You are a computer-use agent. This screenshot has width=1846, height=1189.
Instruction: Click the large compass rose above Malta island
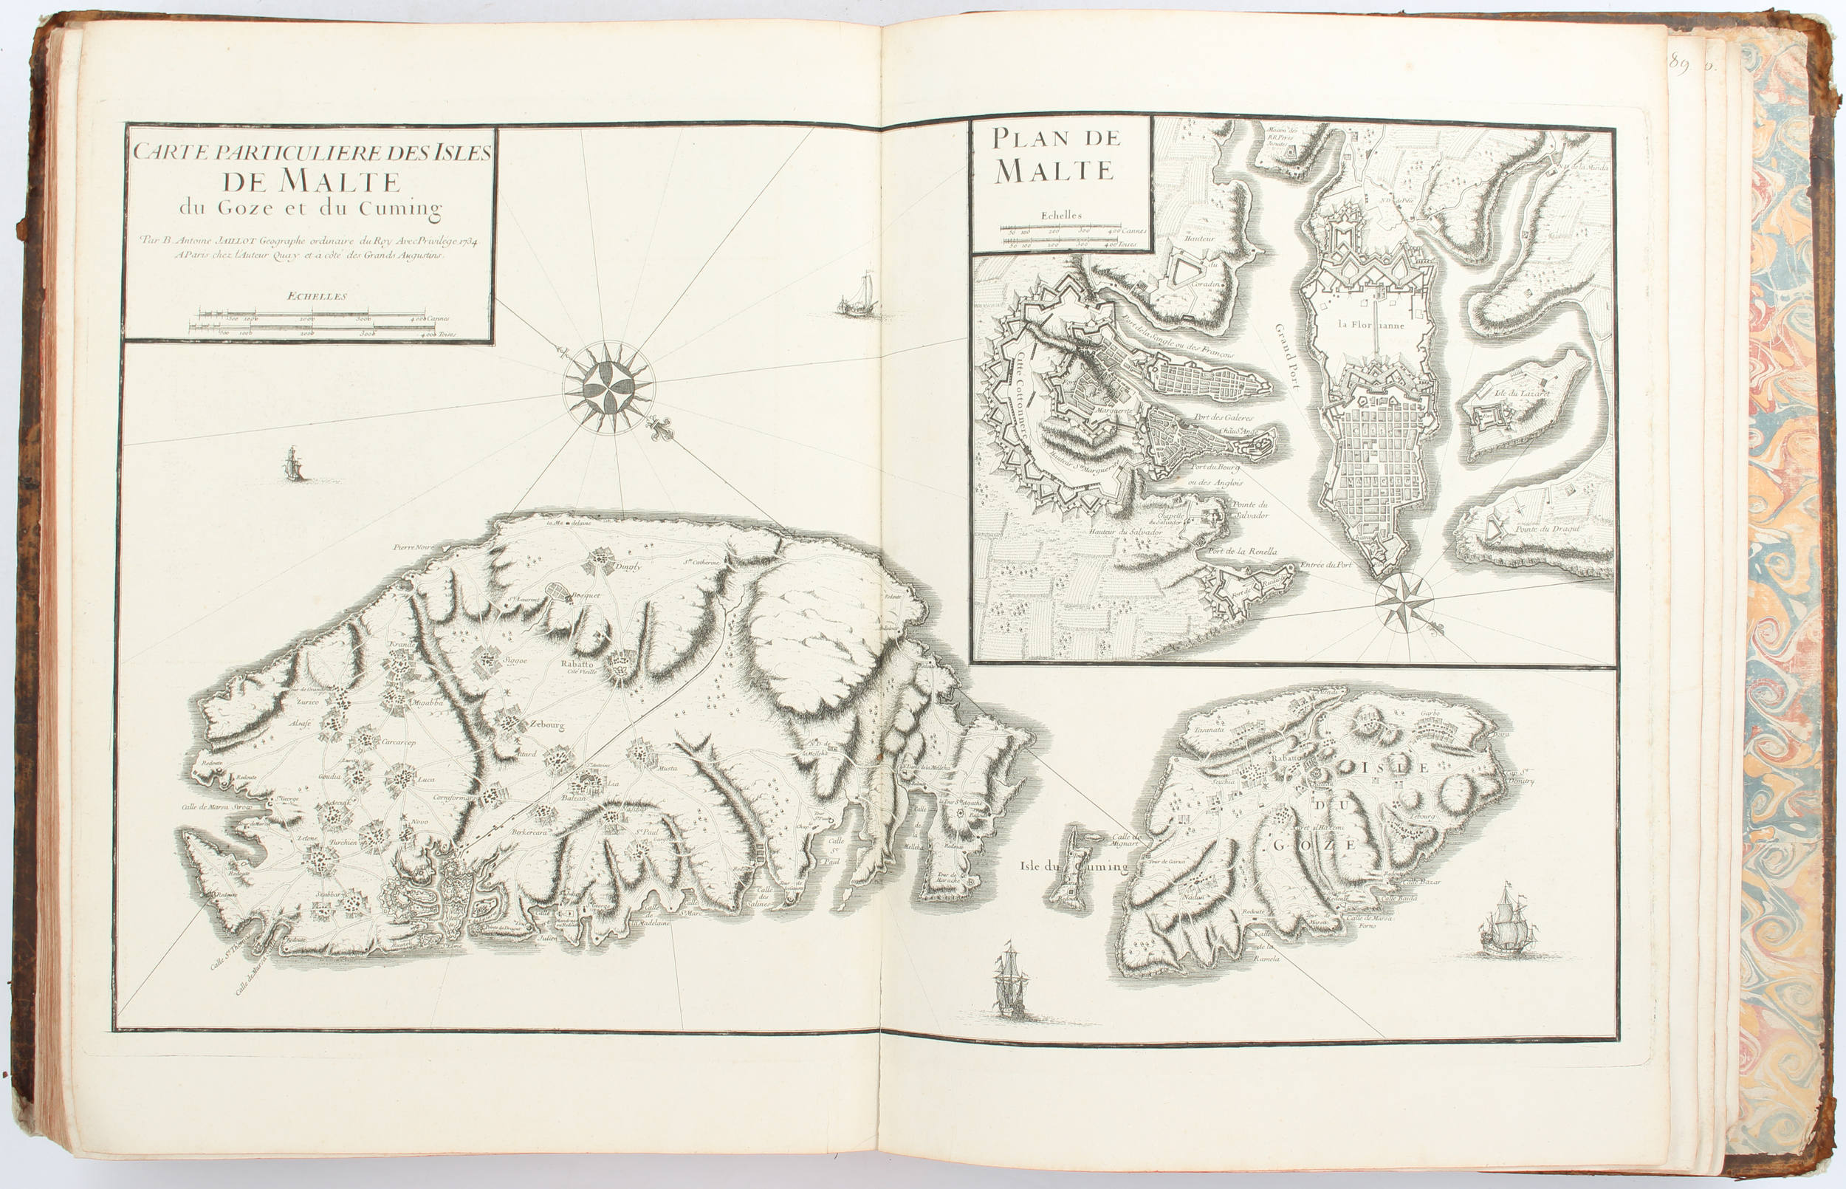(609, 386)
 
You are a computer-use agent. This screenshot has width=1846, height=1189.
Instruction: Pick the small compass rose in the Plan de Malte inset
(1404, 600)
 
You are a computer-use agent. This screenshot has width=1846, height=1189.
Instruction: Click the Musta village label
(668, 768)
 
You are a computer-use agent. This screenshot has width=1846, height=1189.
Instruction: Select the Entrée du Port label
(1326, 564)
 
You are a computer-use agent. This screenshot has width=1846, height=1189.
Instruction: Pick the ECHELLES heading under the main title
(317, 295)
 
